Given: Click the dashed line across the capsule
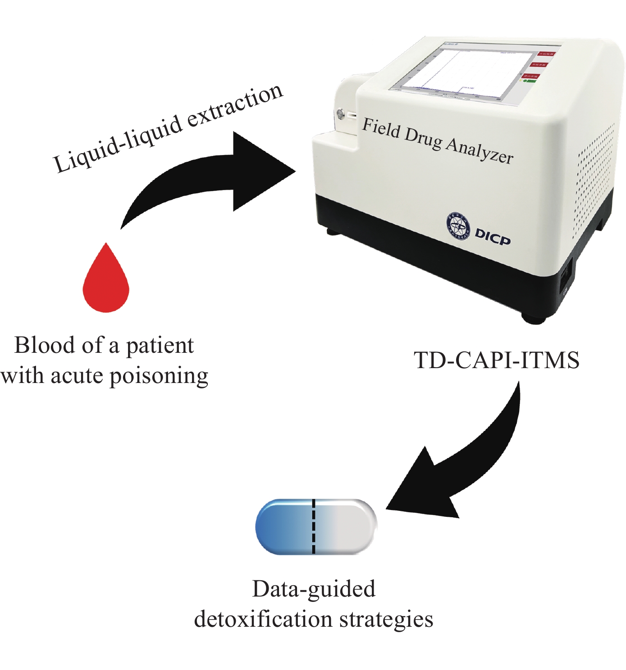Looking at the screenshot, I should click(x=314, y=526).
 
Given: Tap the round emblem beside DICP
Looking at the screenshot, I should click(x=458, y=225).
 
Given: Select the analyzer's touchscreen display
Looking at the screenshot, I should click(x=469, y=72).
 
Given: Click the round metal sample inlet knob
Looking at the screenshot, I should click(x=341, y=113).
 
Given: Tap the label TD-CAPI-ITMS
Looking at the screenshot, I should click(x=496, y=360).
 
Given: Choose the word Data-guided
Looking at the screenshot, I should click(x=314, y=589).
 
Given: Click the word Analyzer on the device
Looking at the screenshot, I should click(x=480, y=150).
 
